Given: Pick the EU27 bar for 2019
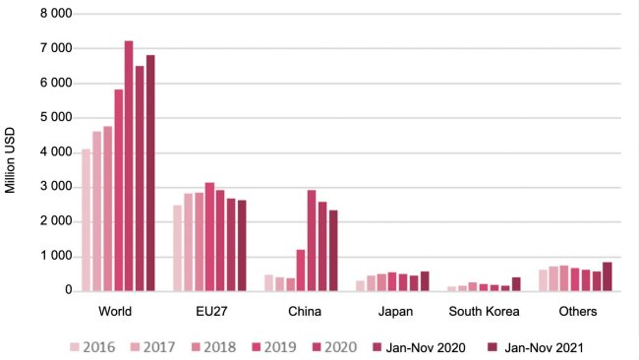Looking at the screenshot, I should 209,236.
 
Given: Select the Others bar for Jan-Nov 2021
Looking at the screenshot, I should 608,276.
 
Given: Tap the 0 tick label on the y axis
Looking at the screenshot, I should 67,291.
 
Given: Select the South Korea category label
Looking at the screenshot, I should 484,312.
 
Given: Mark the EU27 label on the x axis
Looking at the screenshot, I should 209,312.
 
